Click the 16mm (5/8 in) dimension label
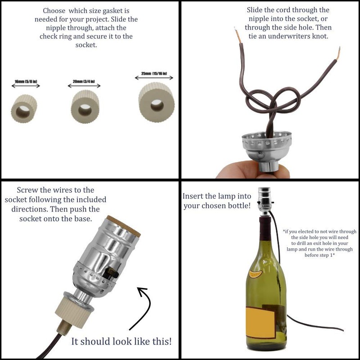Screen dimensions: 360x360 (x=26, y=81)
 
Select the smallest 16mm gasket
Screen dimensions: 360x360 (x=24, y=108)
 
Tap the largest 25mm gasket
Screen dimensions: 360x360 (x=157, y=104)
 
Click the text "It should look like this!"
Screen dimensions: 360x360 (x=121, y=341)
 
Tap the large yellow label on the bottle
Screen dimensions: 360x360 (x=260, y=322)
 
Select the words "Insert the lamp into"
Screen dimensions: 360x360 (x=217, y=196)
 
